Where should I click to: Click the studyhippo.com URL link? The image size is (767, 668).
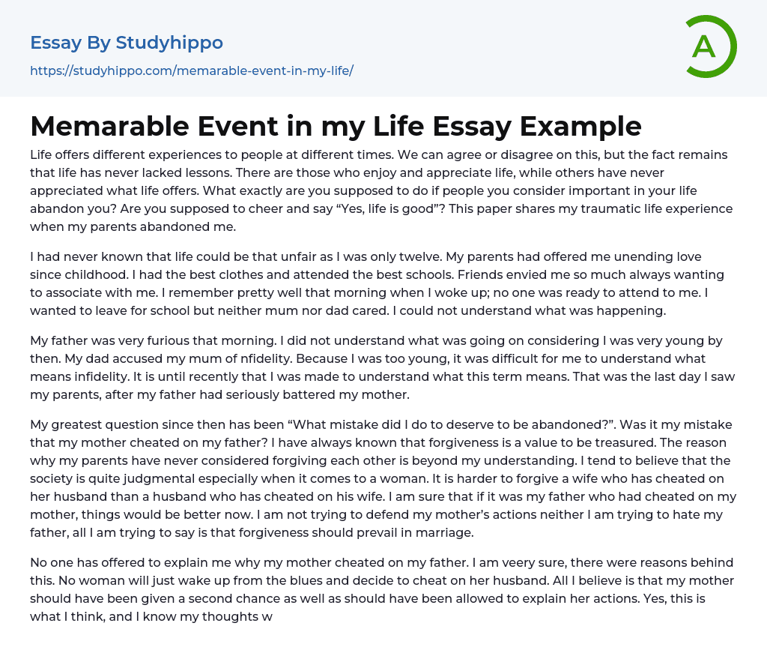pyautogui.click(x=192, y=71)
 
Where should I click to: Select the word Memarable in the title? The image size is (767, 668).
pyautogui.click(x=105, y=126)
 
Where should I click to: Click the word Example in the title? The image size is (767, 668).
pyautogui.click(x=583, y=126)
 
